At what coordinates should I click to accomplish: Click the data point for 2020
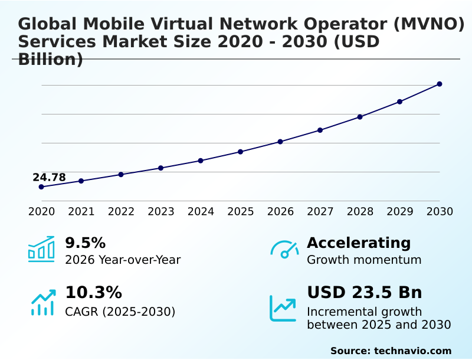(41, 187)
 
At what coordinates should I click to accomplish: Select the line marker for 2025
(241, 152)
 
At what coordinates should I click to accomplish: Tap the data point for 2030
(440, 84)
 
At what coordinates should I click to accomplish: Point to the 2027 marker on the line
(320, 130)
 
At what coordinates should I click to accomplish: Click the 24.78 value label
(49, 178)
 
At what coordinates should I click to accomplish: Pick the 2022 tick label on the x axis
(121, 211)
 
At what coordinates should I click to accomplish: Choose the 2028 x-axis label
(360, 211)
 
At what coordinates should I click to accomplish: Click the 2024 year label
(201, 211)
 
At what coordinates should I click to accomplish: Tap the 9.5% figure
(85, 243)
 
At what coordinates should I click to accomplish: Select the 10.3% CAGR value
(93, 293)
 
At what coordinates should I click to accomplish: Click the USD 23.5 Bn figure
(364, 293)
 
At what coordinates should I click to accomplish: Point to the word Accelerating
(359, 243)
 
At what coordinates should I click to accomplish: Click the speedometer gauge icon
(284, 249)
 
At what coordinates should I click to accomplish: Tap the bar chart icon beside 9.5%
(41, 249)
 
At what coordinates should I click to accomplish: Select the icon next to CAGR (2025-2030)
(42, 302)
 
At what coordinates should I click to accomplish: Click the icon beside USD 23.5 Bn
(283, 307)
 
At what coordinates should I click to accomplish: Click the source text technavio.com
(412, 351)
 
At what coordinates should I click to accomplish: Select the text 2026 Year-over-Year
(123, 260)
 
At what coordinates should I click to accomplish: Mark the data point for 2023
(160, 168)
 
